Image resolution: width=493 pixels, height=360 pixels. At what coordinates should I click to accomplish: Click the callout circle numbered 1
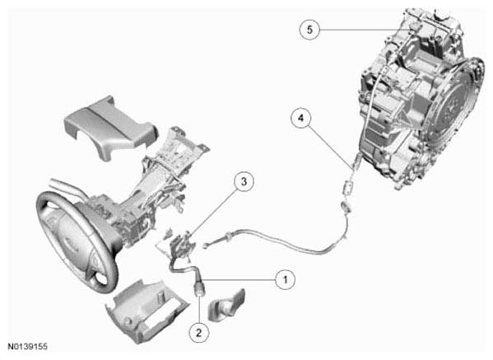286,279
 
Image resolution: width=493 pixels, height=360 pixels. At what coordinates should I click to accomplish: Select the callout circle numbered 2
198,332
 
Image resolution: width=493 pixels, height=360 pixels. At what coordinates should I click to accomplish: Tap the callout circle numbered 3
244,181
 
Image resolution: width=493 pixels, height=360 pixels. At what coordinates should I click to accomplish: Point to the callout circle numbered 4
301,118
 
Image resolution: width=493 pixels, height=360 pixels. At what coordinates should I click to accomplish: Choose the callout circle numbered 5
309,30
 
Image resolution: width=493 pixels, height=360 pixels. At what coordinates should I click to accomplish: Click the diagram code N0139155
28,347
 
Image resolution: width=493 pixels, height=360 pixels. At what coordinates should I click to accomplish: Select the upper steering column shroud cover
109,128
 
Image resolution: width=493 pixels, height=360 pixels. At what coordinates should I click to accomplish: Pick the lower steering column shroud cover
147,311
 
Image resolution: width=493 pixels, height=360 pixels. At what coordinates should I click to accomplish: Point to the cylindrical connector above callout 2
200,288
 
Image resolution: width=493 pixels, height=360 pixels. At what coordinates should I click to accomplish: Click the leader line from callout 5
365,30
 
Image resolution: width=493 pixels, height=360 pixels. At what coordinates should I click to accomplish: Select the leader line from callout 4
331,146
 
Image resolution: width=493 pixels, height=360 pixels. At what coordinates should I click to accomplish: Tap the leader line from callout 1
239,279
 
